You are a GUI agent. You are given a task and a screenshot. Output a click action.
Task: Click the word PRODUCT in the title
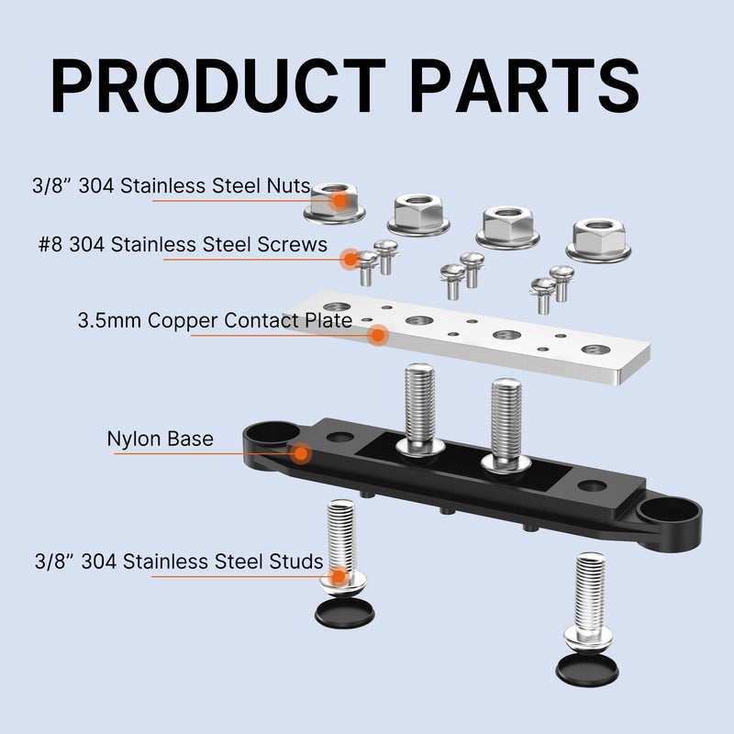click(217, 85)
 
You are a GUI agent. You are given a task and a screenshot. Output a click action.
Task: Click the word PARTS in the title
click(525, 85)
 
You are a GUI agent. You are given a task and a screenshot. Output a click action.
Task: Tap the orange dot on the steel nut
click(339, 201)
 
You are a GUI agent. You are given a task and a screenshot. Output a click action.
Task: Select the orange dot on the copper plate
click(378, 335)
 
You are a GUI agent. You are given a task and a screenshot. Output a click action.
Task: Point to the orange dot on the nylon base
click(301, 453)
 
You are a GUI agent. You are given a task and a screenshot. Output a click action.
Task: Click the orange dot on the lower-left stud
click(338, 576)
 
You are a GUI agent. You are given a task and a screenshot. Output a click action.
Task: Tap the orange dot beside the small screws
click(350, 260)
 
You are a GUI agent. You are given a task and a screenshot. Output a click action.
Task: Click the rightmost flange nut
click(598, 240)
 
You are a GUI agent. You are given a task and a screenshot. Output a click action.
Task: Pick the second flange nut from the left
click(418, 216)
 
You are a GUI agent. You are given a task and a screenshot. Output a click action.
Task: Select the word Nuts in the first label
click(288, 186)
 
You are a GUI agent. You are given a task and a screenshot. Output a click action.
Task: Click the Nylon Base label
click(160, 439)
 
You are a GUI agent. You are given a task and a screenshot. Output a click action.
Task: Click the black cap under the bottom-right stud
click(587, 671)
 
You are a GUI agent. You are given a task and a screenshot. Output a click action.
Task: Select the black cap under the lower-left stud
click(345, 613)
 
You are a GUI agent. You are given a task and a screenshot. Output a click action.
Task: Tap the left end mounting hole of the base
click(272, 432)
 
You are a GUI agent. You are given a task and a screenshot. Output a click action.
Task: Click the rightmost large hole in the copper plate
click(595, 350)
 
